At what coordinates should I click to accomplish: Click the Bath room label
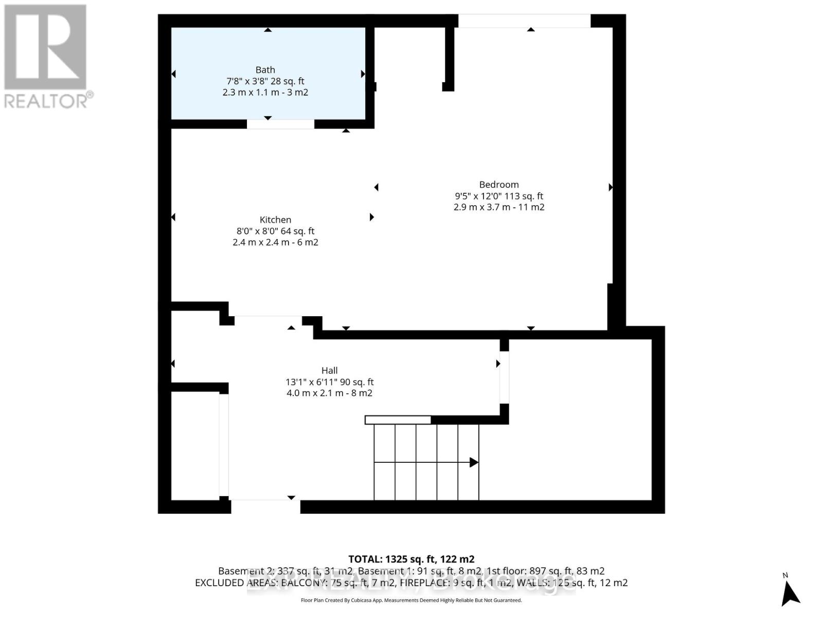coord(265,70)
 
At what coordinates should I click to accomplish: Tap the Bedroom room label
coord(498,185)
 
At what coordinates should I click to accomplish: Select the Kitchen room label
coord(275,220)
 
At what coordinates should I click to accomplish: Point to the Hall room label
coord(329,371)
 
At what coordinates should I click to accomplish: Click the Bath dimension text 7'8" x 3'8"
coord(246,81)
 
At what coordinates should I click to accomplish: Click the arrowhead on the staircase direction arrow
coord(474,462)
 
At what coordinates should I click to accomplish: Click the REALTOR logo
coord(46,57)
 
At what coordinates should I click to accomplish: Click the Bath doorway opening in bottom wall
coord(280,124)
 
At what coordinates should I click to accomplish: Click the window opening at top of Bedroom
coord(524,21)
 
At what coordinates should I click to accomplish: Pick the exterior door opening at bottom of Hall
coord(265,506)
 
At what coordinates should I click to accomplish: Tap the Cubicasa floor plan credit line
coord(411,600)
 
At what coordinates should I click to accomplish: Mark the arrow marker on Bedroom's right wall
coord(611,187)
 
